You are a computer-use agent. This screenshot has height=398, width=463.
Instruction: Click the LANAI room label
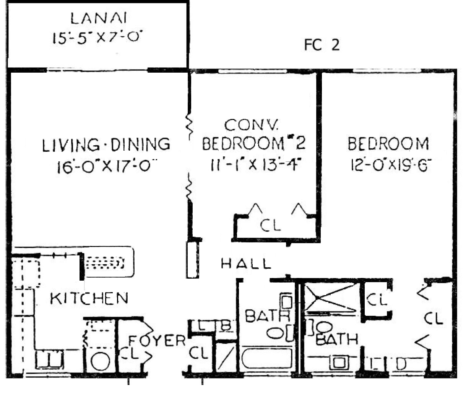pyautogui.click(x=99, y=18)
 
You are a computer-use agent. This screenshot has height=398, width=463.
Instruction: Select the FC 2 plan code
pyautogui.click(x=322, y=45)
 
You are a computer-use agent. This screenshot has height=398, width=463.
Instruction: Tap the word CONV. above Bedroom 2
pyautogui.click(x=251, y=125)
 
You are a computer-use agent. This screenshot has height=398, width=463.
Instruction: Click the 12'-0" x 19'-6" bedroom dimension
pyautogui.click(x=391, y=165)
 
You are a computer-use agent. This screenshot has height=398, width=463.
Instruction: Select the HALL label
pyautogui.click(x=246, y=264)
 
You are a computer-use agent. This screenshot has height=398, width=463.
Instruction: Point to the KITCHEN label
pyautogui.click(x=89, y=299)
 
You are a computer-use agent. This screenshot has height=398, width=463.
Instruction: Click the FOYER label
pyautogui.click(x=157, y=341)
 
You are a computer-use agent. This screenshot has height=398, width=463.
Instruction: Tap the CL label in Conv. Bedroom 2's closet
pyautogui.click(x=270, y=225)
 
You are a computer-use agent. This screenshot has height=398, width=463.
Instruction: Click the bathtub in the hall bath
pyautogui.click(x=267, y=358)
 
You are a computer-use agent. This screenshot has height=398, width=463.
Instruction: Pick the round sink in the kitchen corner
pyautogui.click(x=101, y=362)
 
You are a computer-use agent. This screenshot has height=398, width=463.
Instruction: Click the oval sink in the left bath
pyautogui.click(x=275, y=333)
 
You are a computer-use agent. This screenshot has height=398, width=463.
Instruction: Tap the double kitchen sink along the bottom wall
pyautogui.click(x=49, y=360)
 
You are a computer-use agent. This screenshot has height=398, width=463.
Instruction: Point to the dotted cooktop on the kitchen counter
pyautogui.click(x=105, y=263)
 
